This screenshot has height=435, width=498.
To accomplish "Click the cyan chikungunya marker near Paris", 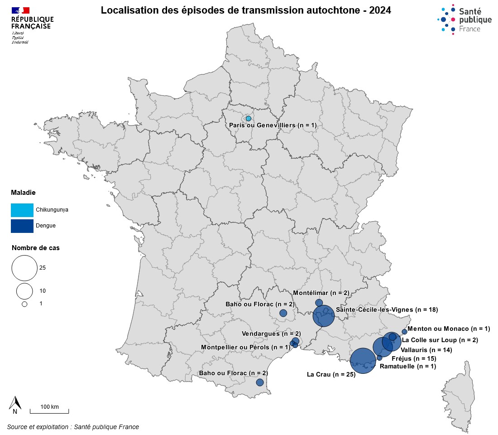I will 248,118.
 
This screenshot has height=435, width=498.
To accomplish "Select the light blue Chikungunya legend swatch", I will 22,210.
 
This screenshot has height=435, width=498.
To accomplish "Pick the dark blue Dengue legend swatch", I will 22,226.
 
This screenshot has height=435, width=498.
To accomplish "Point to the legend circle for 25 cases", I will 24,268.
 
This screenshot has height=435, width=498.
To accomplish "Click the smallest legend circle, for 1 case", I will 24,304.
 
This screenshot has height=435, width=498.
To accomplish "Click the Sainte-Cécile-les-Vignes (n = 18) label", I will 387,310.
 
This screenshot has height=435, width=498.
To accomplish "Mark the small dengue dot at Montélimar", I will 319,302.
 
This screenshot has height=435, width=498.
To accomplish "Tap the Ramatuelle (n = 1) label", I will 407,366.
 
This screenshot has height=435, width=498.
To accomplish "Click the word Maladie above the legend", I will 24,193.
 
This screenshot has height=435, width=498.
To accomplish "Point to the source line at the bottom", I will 73,427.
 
